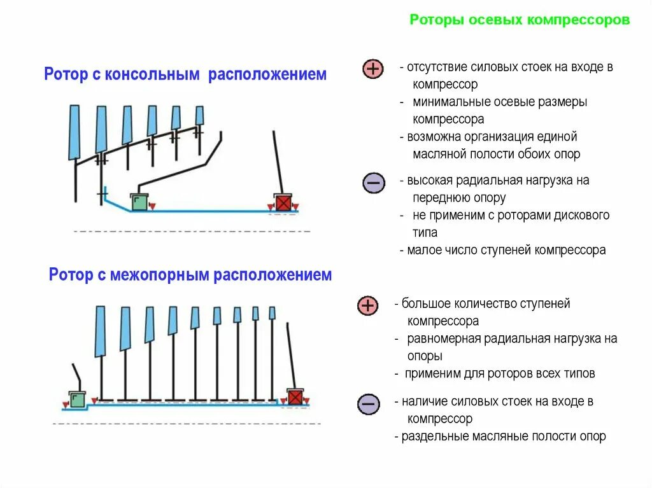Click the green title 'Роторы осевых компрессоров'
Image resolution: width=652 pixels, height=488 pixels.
(520, 20)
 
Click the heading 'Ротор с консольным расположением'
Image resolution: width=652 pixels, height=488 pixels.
(185, 74)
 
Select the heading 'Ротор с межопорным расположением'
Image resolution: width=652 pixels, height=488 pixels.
(190, 275)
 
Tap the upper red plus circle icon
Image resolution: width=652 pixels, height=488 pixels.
(372, 69)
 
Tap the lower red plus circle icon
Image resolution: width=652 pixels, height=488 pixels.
(368, 306)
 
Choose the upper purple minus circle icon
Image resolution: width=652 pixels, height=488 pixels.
(372, 183)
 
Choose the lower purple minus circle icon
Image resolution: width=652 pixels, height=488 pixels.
(368, 404)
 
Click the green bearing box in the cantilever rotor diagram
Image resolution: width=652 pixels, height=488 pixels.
(139, 202)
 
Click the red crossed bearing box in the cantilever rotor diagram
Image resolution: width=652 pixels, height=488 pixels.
(283, 202)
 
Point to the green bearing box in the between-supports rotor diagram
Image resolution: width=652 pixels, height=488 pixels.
(78, 398)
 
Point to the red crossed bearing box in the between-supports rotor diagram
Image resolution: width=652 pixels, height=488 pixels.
(295, 397)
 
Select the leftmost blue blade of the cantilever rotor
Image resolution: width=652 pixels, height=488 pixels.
(74, 132)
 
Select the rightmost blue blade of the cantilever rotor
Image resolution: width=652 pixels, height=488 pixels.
(199, 115)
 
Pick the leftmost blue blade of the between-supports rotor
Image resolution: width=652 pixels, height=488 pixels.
(100, 331)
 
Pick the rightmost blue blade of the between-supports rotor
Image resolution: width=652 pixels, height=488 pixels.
(273, 313)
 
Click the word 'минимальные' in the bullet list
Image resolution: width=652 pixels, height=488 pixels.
(444, 102)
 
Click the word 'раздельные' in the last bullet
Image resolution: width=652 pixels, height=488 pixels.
(436, 436)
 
